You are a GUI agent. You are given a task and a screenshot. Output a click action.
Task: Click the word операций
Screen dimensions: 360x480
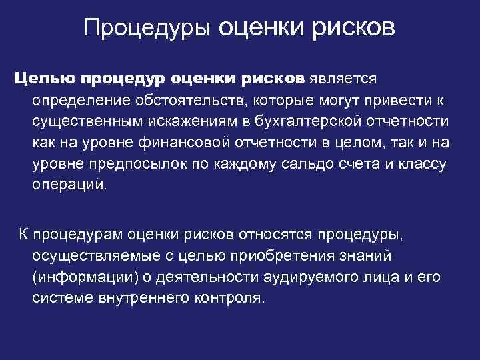(69, 185)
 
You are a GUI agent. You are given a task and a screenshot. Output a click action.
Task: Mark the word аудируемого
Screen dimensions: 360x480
(293, 277)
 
